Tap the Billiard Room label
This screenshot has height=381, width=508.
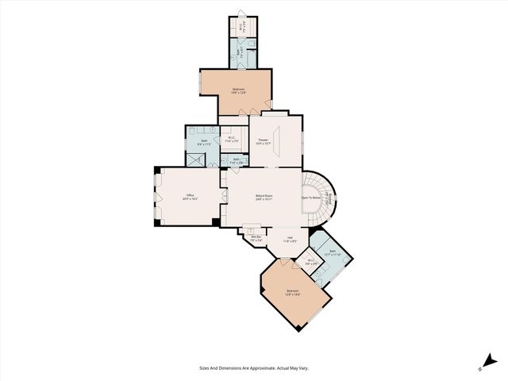coord(264,197)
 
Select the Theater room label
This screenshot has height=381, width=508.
coord(263,142)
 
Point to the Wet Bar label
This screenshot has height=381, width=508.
coord(256,238)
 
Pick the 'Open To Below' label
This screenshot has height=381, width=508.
coord(312,197)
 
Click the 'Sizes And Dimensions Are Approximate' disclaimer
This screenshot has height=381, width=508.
coord(253,368)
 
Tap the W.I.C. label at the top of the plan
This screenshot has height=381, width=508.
coord(241,27)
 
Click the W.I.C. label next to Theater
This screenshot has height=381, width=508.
coord(229,140)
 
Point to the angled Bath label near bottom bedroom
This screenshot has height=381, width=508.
coord(332,253)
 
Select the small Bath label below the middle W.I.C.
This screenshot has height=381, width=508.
coord(237,161)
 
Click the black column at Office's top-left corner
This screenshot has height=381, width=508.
coord(157,169)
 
